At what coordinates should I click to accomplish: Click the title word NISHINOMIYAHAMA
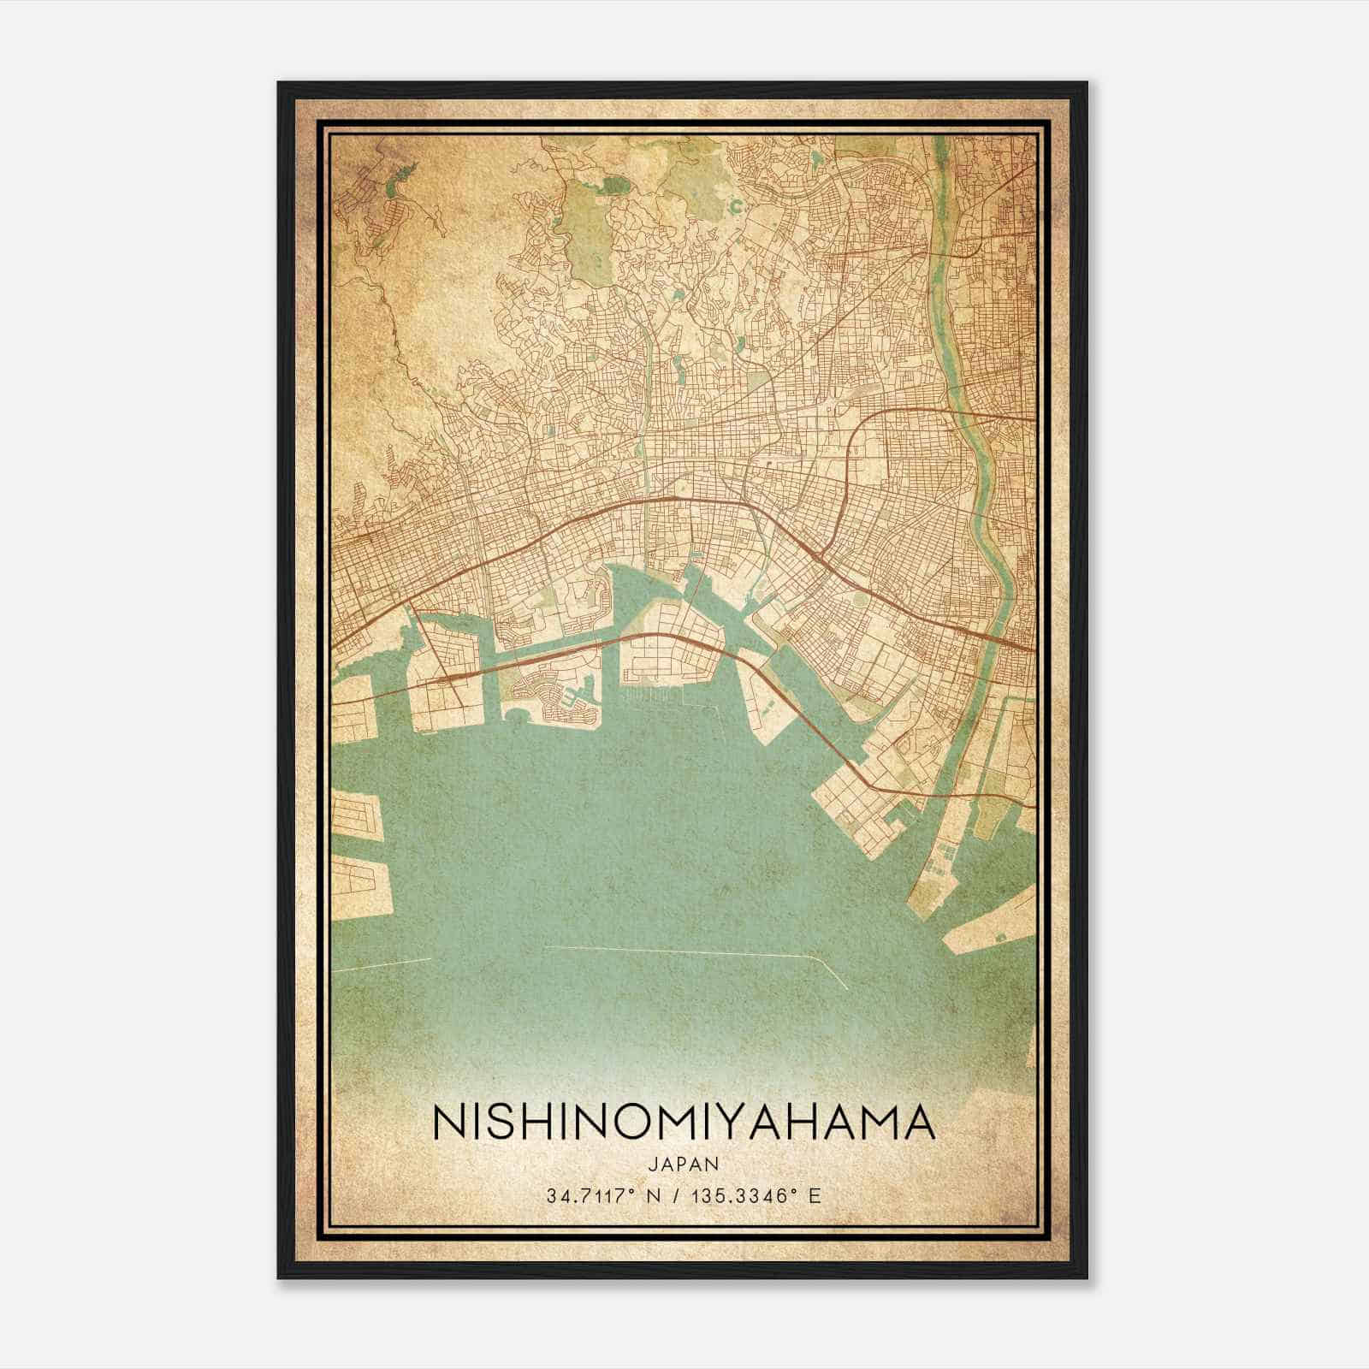pos(684,1123)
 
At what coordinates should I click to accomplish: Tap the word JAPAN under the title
pos(684,1165)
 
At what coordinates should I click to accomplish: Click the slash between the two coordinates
pos(677,1195)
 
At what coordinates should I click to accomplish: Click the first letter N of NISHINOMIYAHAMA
pos(450,1123)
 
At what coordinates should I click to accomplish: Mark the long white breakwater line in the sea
pos(684,951)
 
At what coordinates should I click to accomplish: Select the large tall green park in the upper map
pos(584,218)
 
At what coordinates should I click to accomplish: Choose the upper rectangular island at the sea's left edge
pos(355,813)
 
